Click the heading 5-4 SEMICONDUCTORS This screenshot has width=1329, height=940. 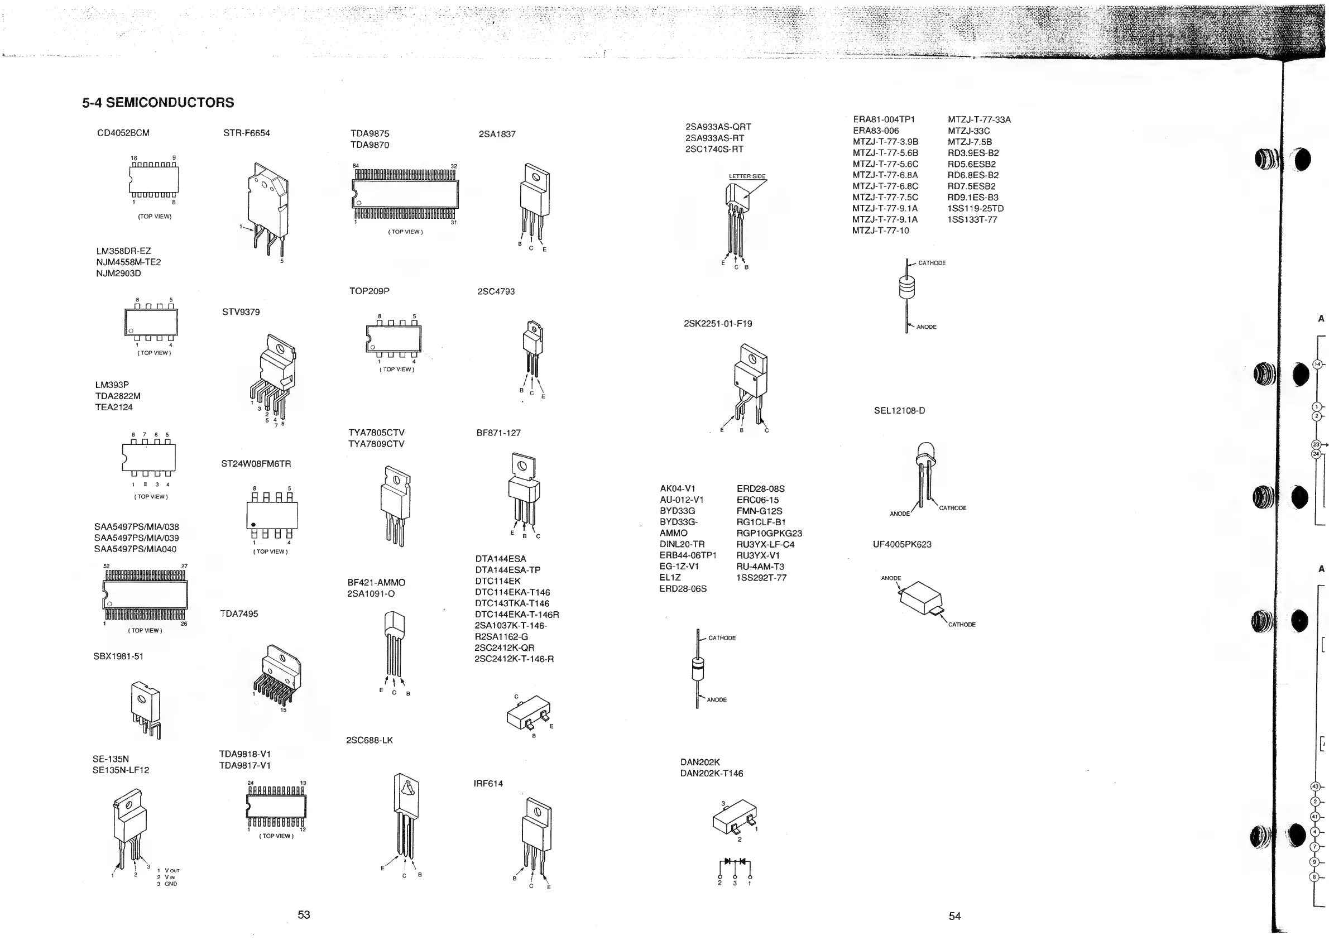coord(158,103)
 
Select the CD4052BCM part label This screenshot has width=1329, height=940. coord(123,133)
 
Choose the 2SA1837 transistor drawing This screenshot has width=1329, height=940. coord(534,203)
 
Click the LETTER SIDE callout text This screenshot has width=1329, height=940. coord(747,176)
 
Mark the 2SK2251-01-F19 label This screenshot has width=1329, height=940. coord(718,324)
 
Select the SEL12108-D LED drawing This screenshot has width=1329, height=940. coord(925,474)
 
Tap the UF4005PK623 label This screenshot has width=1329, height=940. coord(902,545)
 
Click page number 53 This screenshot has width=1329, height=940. coord(304,915)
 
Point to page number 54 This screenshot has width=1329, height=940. coord(954,916)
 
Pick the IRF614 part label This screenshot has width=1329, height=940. coord(488,784)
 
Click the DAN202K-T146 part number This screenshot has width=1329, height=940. coord(711,773)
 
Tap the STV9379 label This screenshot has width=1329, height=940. coord(241,312)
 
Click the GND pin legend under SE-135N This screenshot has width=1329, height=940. coord(170,884)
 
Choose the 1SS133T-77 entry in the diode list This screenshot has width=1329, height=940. coord(972,220)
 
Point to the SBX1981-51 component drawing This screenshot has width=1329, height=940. coord(145,709)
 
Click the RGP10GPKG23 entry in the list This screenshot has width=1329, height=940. coord(769,534)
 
